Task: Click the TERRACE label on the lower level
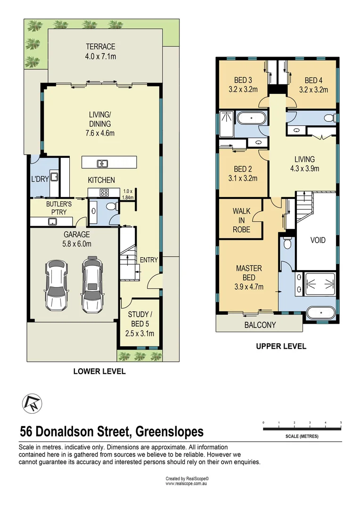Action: (100, 47)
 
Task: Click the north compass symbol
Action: (31, 403)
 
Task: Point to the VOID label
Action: (318, 240)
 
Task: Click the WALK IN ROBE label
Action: (241, 220)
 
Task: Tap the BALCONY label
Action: (260, 325)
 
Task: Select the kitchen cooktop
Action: (103, 192)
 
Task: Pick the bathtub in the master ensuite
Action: (320, 312)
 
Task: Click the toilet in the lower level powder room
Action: (110, 206)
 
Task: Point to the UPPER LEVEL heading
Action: (281, 346)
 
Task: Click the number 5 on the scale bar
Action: (341, 422)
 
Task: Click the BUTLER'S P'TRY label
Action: (57, 208)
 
